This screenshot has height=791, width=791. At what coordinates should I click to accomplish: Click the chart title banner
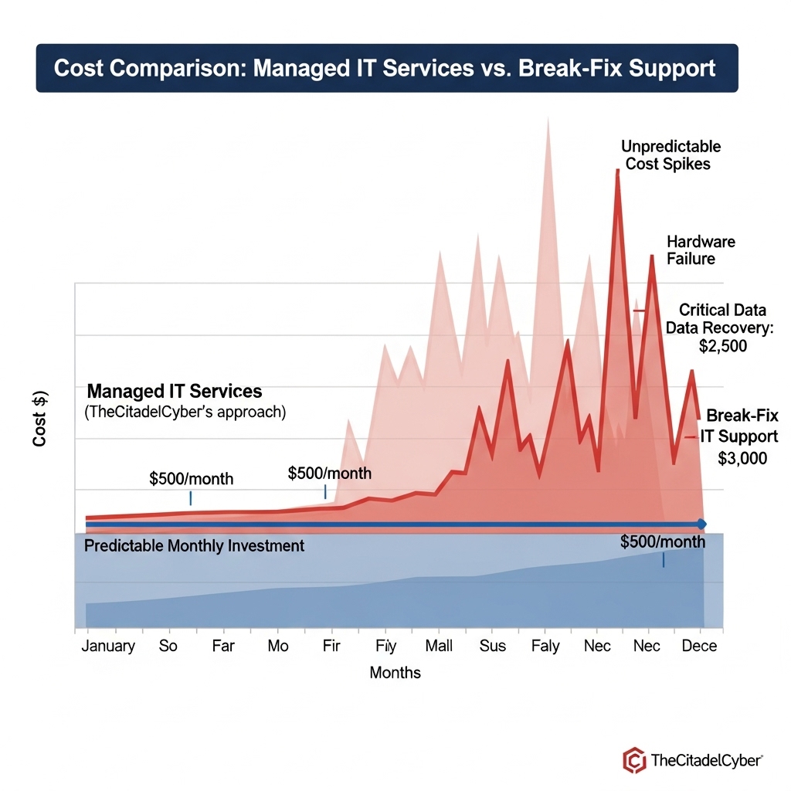tap(386, 68)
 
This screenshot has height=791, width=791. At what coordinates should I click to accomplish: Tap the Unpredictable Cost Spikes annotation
tap(670, 154)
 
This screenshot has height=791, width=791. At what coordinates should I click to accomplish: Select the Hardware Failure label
tap(701, 250)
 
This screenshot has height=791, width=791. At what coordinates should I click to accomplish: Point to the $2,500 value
tap(722, 346)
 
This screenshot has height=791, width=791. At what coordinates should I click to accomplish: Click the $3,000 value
tap(742, 458)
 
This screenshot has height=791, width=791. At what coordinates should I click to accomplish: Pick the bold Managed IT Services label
tap(175, 391)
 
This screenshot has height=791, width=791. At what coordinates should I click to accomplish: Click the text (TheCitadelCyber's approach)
tap(185, 412)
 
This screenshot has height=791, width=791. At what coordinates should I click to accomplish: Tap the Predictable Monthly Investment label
tap(194, 546)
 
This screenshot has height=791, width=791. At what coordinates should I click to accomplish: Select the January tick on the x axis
tap(108, 646)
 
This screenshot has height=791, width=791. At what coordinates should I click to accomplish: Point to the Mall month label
tap(439, 646)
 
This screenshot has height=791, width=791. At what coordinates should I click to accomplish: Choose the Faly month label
tap(545, 646)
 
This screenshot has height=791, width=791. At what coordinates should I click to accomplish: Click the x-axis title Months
tap(395, 672)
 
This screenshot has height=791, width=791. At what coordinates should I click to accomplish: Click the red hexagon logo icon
tap(634, 760)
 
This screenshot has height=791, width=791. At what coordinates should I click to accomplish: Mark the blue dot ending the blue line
tap(701, 525)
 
